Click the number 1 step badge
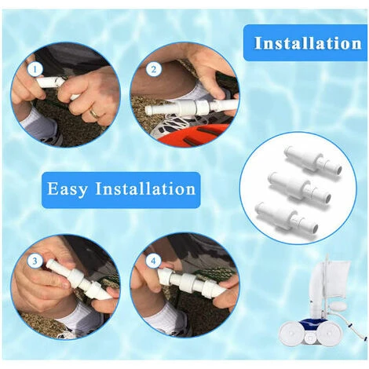tap(35, 70)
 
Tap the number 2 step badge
tap(153, 70)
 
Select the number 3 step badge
tap(35, 261)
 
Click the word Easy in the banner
tap(67, 188)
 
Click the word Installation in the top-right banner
tap(308, 43)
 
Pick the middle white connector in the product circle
tap(300, 188)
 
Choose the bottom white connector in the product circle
tap(287, 217)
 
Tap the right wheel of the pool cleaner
tap(331, 331)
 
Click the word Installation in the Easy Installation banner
tap(145, 188)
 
